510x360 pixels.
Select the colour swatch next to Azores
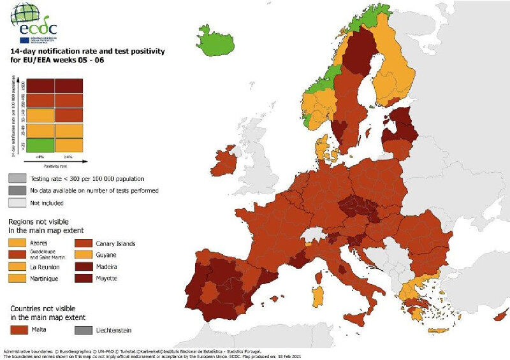(18, 243)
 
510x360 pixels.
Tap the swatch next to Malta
(18, 330)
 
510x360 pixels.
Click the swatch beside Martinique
(18, 278)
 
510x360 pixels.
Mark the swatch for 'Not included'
(18, 203)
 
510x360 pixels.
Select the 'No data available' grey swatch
(18, 191)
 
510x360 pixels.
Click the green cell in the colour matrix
(41, 145)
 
